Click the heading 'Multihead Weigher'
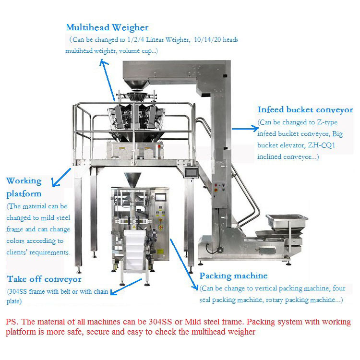(107, 27)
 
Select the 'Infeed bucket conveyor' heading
(305, 110)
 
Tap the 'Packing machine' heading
(233, 276)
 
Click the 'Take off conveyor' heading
(44, 279)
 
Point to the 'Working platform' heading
(24, 187)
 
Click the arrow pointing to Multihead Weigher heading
(108, 79)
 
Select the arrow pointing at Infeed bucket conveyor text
(245, 128)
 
